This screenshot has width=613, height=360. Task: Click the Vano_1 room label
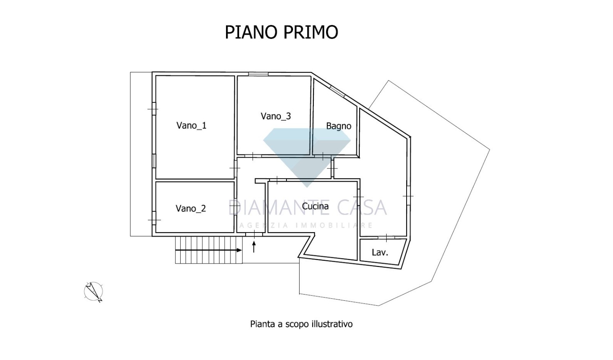point(191,125)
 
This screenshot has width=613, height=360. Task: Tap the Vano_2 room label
point(190,208)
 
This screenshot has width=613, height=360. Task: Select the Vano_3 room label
point(276,116)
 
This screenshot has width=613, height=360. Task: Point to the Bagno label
point(338,126)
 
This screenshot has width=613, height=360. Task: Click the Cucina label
point(315,206)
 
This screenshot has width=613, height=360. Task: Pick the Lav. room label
point(380,253)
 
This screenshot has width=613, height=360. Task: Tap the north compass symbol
point(94,292)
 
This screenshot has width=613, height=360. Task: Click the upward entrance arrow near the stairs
point(254,246)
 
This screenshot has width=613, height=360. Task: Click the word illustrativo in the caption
point(332,324)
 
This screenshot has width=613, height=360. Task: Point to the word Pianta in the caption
point(262,324)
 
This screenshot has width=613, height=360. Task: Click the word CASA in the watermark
point(362,208)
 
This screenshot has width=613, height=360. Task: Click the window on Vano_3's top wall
point(258,74)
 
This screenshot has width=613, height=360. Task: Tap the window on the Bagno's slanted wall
point(337,91)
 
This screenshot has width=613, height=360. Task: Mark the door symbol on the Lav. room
point(386,237)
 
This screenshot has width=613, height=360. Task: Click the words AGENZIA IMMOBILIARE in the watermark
point(306,225)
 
